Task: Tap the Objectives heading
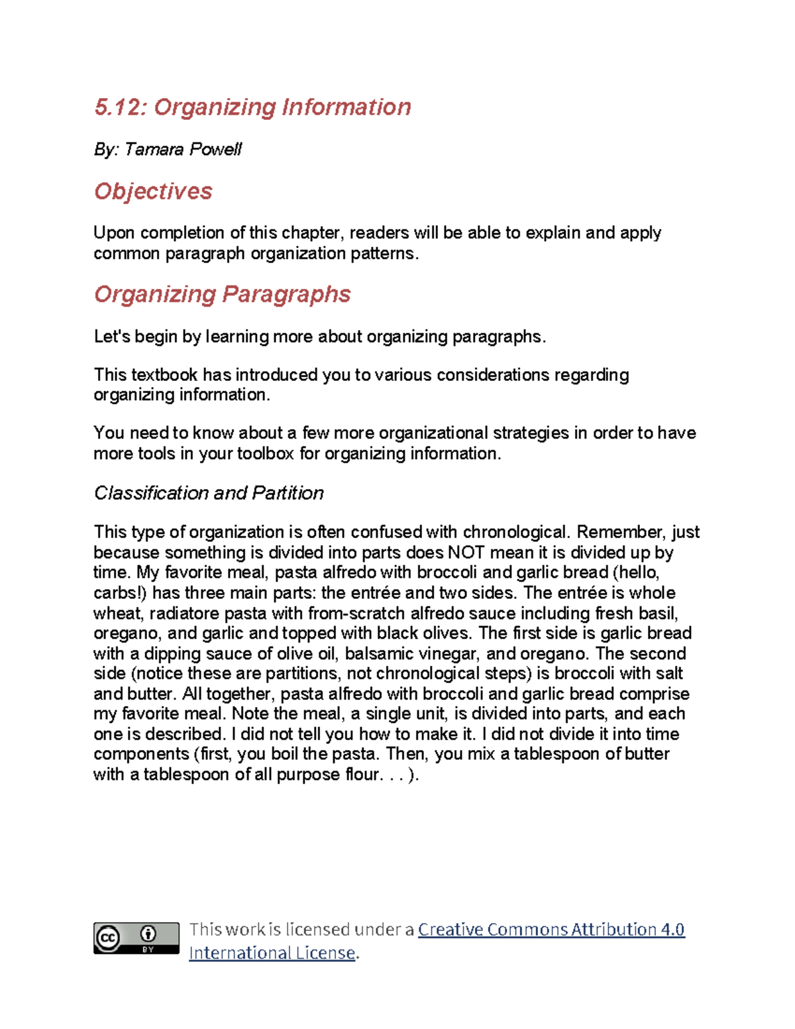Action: (x=153, y=191)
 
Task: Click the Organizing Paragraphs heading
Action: (x=222, y=294)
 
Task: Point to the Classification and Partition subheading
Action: (x=209, y=493)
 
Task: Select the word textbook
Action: (x=164, y=375)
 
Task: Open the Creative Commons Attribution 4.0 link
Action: (x=551, y=930)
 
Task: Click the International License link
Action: (x=272, y=953)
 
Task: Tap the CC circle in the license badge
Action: (x=108, y=938)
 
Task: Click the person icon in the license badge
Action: (x=148, y=934)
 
